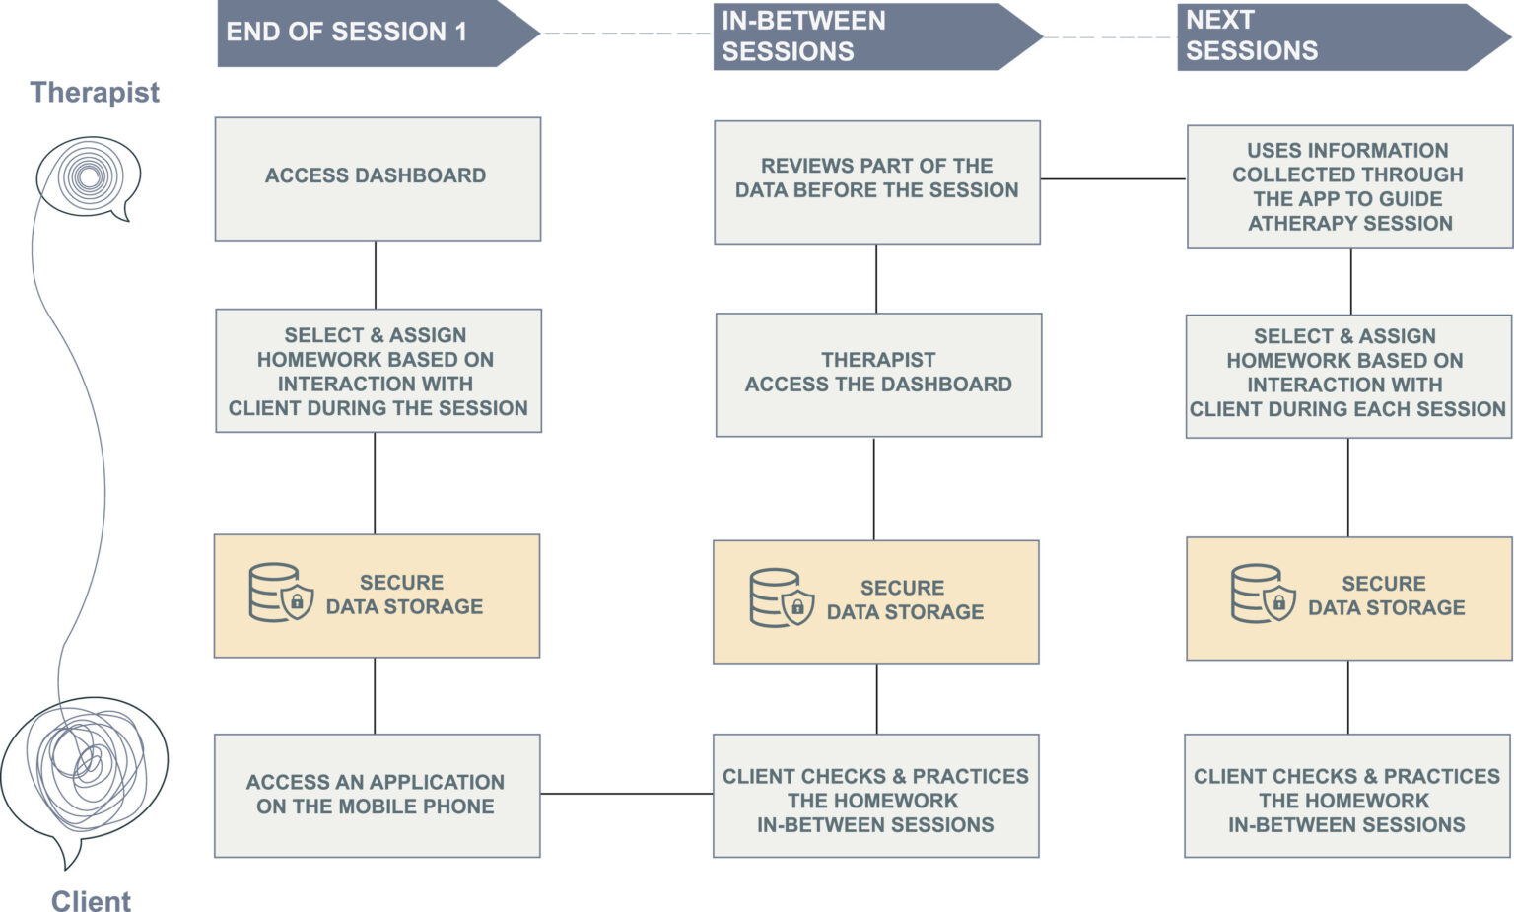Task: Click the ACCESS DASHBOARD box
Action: tap(378, 178)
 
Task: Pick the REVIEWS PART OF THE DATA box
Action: tap(876, 181)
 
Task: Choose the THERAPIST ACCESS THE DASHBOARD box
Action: tap(877, 375)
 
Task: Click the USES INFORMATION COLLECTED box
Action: tap(1348, 186)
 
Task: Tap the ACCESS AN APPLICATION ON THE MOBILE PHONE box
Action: tap(377, 795)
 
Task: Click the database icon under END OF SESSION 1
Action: tap(281, 593)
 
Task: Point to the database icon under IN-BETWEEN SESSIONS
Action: tap(782, 597)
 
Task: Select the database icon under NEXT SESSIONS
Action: tap(1263, 594)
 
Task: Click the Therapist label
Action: tap(95, 92)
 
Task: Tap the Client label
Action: tap(91, 901)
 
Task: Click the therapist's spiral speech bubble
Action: tap(89, 177)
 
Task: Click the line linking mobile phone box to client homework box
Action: tap(626, 794)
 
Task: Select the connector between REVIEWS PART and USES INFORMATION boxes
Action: tap(1113, 179)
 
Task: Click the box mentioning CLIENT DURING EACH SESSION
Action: tap(1347, 376)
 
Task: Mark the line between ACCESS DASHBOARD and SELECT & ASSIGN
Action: tap(376, 275)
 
